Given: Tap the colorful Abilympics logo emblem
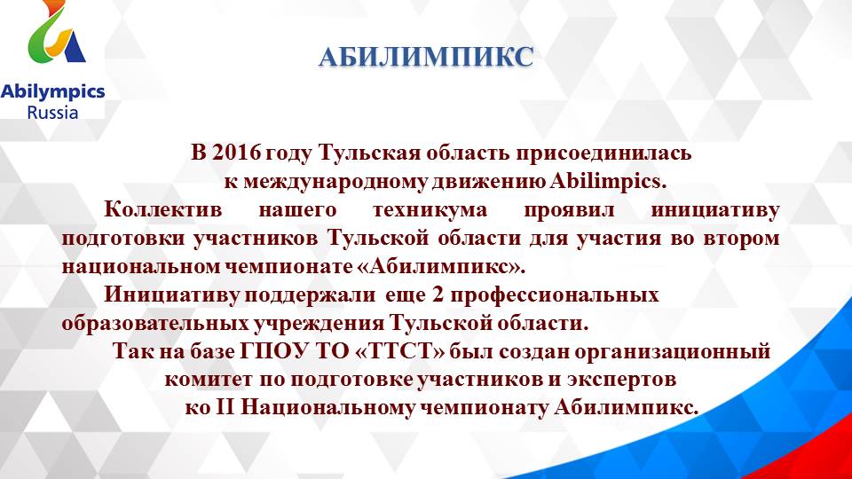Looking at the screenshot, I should pyautogui.click(x=56, y=40).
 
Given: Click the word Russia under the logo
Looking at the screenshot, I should pyautogui.click(x=52, y=112).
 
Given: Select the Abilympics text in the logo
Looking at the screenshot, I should pyautogui.click(x=52, y=91).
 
